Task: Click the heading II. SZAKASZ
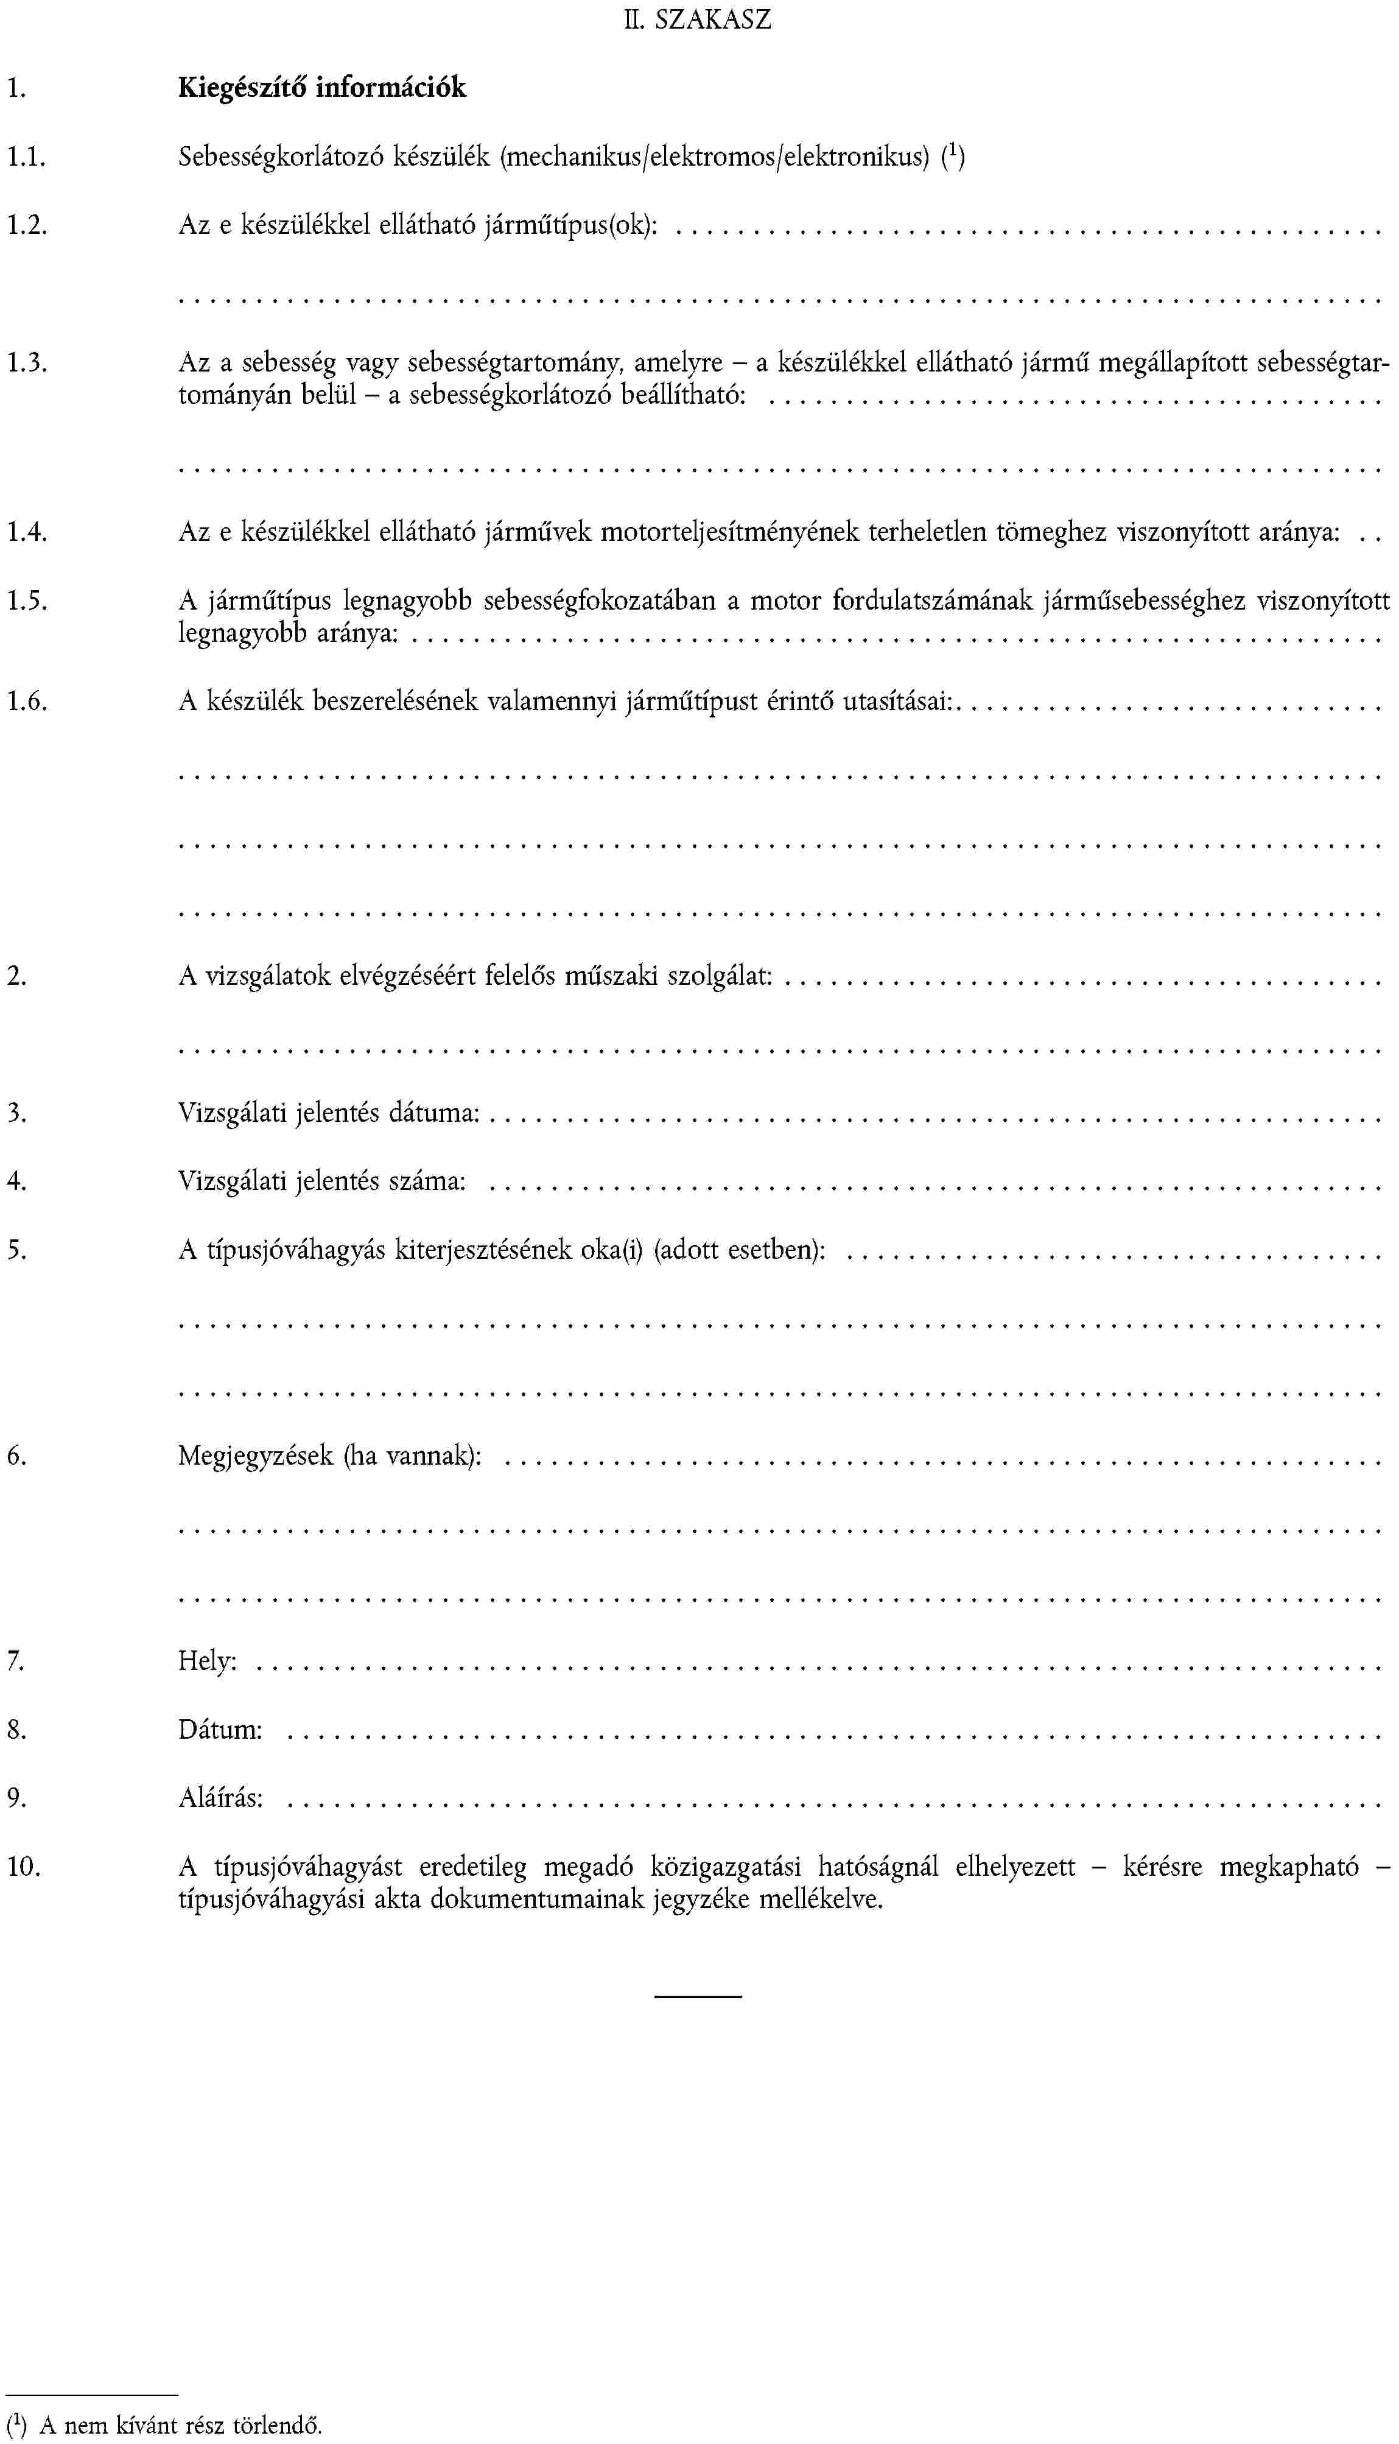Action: click(x=698, y=20)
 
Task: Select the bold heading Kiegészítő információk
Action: click(x=322, y=88)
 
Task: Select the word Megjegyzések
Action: click(x=256, y=1455)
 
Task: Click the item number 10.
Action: click(x=24, y=1867)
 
